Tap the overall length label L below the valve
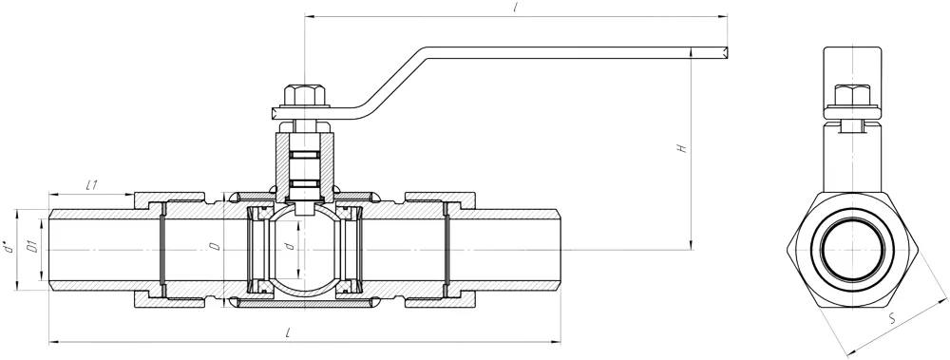point(290,332)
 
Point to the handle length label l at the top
point(514,9)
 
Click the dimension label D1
point(34,248)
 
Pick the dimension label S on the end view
point(892,319)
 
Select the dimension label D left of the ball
point(215,247)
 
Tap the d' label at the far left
point(8,248)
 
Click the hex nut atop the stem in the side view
point(305,96)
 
